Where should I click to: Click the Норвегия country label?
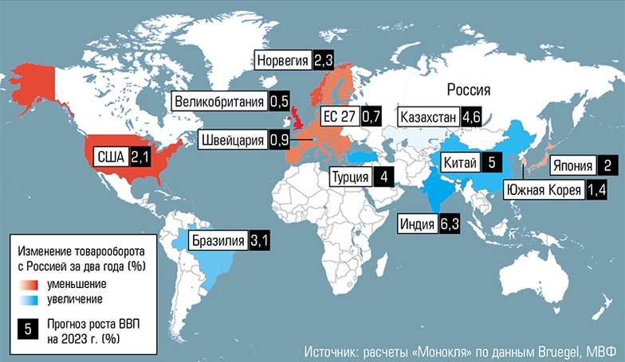[x=283, y=60]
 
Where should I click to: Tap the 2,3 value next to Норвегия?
[x=324, y=60]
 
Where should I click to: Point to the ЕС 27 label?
[x=338, y=118]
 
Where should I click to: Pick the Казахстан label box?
[x=429, y=118]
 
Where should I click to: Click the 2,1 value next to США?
[x=140, y=157]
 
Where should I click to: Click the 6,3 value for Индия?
[x=449, y=226]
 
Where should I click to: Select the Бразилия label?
[x=216, y=240]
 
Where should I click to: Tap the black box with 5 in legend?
[x=29, y=329]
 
